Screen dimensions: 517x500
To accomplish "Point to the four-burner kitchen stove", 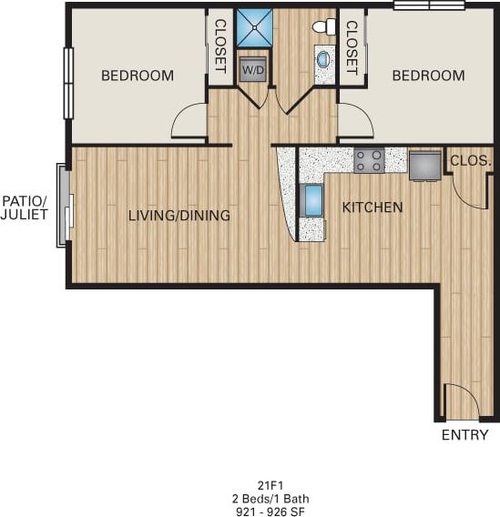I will (369, 161).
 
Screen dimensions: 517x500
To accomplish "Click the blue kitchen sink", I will (312, 200).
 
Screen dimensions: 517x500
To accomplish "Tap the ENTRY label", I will (464, 435).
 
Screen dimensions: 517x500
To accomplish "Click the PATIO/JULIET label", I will (25, 207).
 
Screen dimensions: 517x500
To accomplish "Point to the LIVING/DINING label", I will (179, 216).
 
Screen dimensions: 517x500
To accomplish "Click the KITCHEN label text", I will (372, 208).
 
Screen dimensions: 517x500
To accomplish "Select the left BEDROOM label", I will (137, 76).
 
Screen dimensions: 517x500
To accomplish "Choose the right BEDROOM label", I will (428, 76).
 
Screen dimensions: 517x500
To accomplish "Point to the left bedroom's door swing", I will (190, 122).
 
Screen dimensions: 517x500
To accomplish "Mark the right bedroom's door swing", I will (355, 122).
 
